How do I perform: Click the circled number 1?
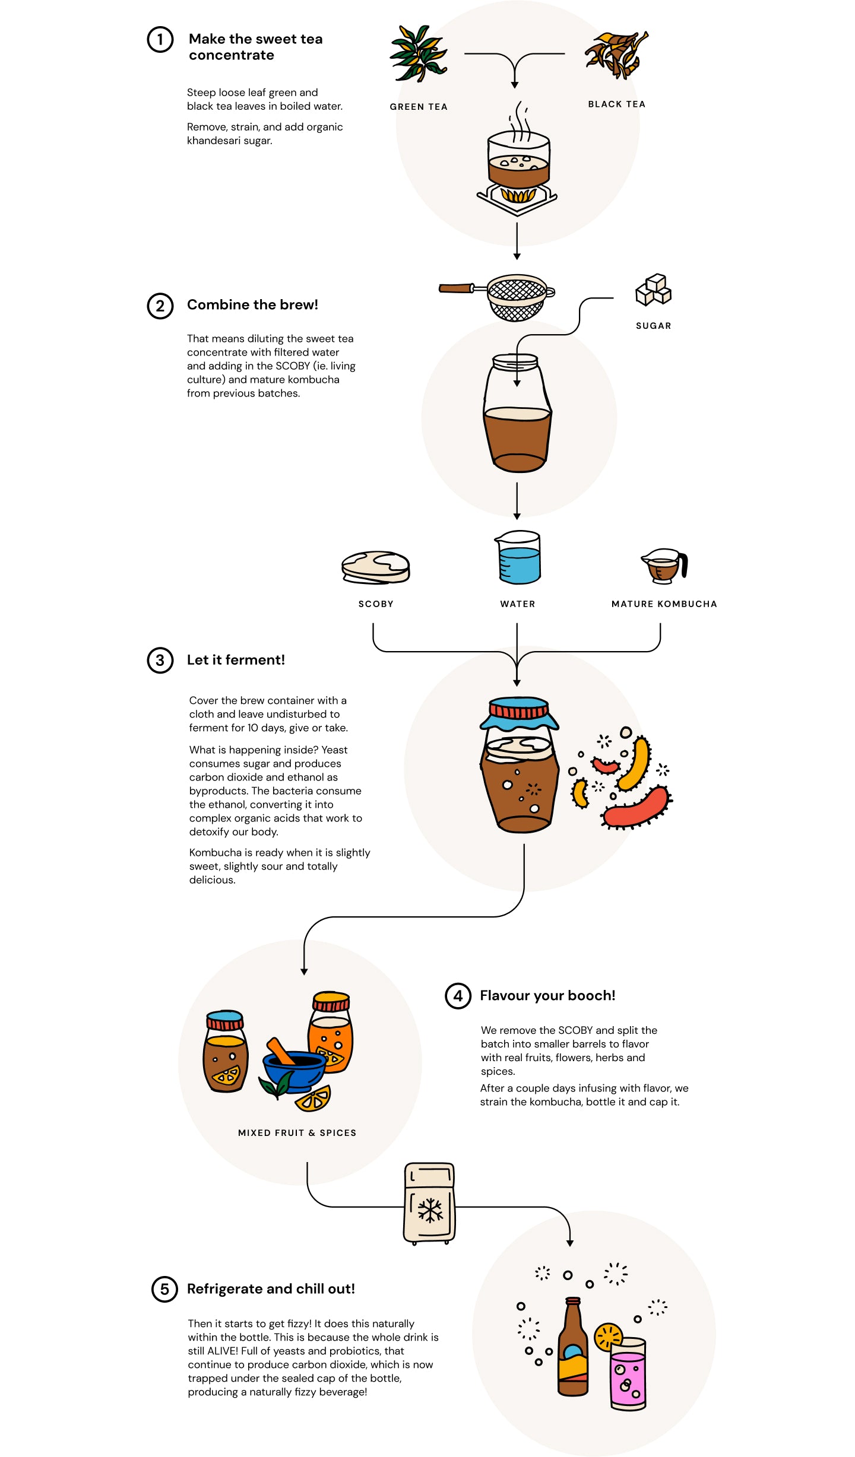160,40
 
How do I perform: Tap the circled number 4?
458,995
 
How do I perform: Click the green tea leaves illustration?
418,53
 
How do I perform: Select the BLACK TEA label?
616,104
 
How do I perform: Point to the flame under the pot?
518,195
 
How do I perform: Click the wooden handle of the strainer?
455,288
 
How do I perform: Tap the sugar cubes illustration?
653,290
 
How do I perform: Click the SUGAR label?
653,326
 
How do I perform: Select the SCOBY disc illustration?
376,567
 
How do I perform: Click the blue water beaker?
519,564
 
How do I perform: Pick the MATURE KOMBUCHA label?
664,604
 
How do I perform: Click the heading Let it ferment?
236,660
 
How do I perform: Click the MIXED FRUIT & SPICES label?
297,1132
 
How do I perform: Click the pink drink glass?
628,1377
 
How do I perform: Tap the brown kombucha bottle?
573,1353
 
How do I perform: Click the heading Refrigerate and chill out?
271,1289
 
